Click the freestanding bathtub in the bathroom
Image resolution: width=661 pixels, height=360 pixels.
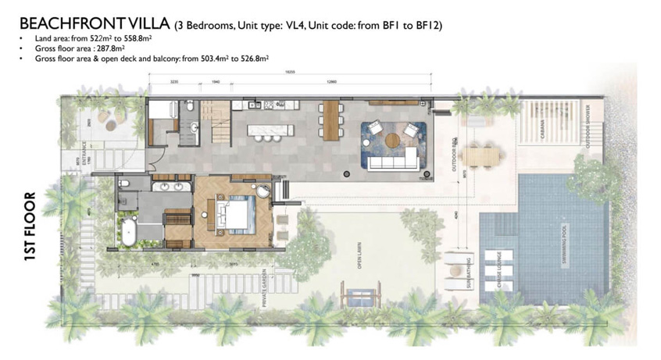coord(127,232)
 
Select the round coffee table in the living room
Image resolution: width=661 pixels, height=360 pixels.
coord(391,141)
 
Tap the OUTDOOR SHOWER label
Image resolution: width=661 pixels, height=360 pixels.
coord(599,126)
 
